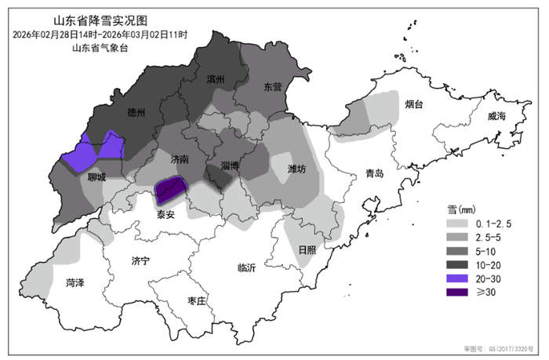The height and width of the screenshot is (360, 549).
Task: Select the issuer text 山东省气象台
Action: tap(100, 49)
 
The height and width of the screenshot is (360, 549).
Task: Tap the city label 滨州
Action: tap(216, 80)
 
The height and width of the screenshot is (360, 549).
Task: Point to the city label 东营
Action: tap(273, 86)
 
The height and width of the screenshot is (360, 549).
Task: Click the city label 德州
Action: tap(136, 113)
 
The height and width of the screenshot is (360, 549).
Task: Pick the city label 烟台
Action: tap(414, 104)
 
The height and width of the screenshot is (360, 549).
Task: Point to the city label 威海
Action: tap(496, 116)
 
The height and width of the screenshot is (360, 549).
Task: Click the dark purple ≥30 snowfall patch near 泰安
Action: tap(170, 188)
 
